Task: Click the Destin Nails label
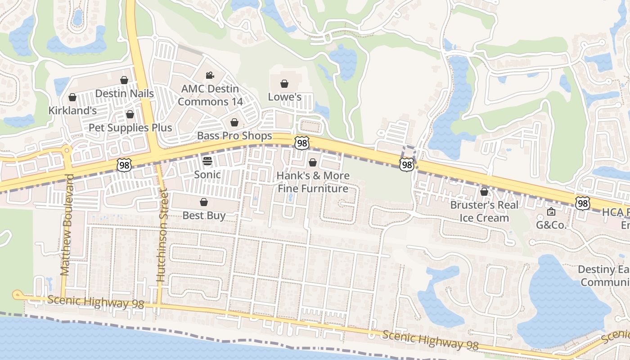[x=125, y=94]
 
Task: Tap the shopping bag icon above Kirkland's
[x=72, y=97]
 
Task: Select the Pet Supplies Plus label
[x=130, y=128]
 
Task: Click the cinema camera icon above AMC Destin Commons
[x=209, y=75]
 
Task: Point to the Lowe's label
[x=284, y=97]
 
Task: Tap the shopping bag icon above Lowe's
[x=284, y=84]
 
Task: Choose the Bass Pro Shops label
[x=234, y=136]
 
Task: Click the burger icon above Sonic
[x=207, y=161]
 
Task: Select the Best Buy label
[x=204, y=216]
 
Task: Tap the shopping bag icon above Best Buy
[x=204, y=202]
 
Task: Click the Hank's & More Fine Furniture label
[x=313, y=182]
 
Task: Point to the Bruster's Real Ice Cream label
[x=484, y=211]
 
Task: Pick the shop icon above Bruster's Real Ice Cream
[x=484, y=192]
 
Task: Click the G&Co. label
[x=551, y=225]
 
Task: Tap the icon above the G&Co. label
[x=551, y=211]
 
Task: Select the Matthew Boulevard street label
[x=66, y=225]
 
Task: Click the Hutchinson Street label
[x=162, y=236]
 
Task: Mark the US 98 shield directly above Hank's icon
[x=301, y=143]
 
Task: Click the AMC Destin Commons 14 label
[x=210, y=95]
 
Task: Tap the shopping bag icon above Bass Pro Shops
[x=234, y=122]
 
